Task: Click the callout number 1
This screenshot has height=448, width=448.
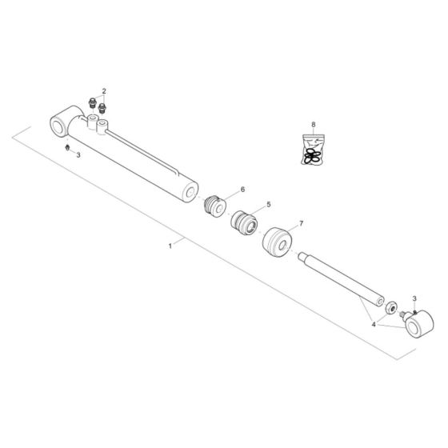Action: pyautogui.click(x=170, y=246)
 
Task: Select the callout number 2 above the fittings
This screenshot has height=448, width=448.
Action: pyautogui.click(x=104, y=91)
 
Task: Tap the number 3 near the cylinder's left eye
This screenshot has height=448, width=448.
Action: pyautogui.click(x=78, y=155)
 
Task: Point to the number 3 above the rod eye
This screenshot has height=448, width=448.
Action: pyautogui.click(x=414, y=298)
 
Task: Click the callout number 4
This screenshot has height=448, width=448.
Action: pyautogui.click(x=374, y=325)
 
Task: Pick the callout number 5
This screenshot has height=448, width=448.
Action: pyautogui.click(x=269, y=204)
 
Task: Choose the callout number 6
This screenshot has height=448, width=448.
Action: pyautogui.click(x=243, y=189)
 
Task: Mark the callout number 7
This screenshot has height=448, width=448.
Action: pyautogui.click(x=301, y=223)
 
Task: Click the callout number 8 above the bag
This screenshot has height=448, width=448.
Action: pyautogui.click(x=314, y=125)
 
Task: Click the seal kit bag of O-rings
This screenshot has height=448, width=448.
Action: pyautogui.click(x=313, y=150)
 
